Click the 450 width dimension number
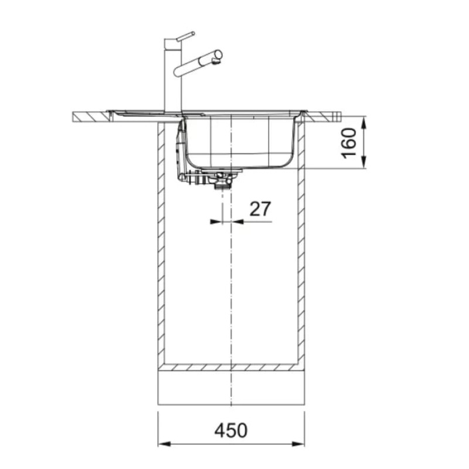pos(231,430)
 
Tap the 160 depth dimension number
pos(349,143)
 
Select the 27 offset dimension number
pos(260,209)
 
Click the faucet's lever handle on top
pos(185,36)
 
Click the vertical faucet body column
pos(173,75)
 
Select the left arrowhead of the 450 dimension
pos(164,444)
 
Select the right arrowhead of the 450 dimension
pos(298,444)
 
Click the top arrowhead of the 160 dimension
pos(363,123)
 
